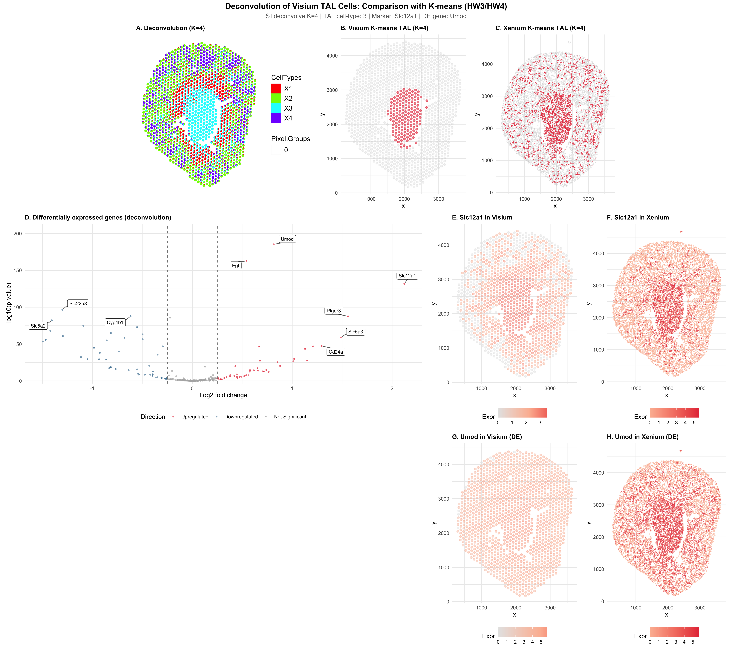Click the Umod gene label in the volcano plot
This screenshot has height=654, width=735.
click(x=287, y=239)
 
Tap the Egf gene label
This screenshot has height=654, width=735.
click(x=235, y=266)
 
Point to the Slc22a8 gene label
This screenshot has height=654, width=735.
click(x=78, y=303)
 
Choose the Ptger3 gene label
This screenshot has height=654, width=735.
click(x=334, y=311)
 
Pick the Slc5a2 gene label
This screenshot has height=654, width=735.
click(x=38, y=326)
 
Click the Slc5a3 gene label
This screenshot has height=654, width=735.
click(x=356, y=331)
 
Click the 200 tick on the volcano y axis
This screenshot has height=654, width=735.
click(x=18, y=234)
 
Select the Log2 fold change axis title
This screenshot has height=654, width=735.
click(x=223, y=395)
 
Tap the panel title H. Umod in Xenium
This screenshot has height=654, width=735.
click(x=643, y=437)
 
